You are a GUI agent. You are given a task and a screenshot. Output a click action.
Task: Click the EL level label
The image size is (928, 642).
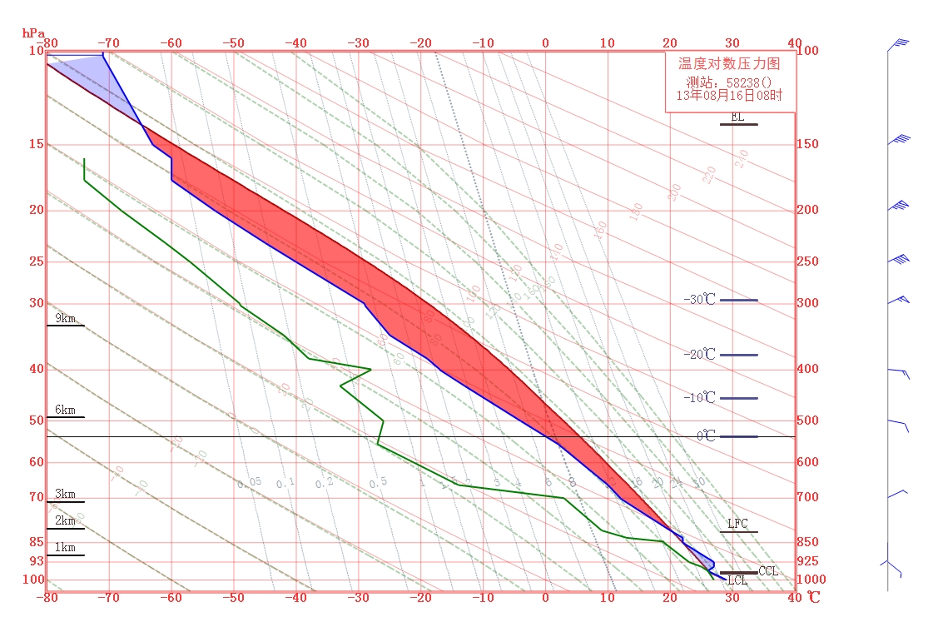(x=737, y=117)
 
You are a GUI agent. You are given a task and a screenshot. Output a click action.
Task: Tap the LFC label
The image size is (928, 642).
(x=737, y=524)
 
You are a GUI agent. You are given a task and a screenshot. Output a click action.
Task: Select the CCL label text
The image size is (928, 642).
(x=768, y=571)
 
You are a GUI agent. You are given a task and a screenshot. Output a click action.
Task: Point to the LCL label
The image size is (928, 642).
(x=737, y=581)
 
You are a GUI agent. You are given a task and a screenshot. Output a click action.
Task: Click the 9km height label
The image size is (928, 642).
(x=65, y=318)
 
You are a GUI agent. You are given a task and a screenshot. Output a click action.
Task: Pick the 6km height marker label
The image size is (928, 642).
(x=65, y=411)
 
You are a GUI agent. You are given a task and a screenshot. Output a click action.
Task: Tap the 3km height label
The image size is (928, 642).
(x=65, y=495)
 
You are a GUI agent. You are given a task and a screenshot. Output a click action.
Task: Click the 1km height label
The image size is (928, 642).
(x=65, y=548)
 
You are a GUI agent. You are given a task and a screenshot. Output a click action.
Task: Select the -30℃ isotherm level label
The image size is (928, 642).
(x=699, y=300)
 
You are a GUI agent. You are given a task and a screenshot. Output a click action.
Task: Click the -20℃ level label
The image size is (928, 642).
(x=699, y=355)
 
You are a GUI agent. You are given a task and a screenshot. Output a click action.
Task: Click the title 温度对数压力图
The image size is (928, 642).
(x=729, y=63)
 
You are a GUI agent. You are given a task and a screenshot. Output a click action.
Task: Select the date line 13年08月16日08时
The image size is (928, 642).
(x=729, y=96)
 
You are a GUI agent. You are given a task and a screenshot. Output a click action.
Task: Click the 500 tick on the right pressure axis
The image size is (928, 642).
(x=807, y=421)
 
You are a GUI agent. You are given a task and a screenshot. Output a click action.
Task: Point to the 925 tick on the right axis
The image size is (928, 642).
(x=807, y=562)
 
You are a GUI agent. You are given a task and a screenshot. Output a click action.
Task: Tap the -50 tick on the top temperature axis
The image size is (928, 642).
(x=234, y=43)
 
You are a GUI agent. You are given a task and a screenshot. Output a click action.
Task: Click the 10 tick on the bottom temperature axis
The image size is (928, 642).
(x=608, y=598)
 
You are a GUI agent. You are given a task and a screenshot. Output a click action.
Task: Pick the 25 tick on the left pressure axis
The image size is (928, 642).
(x=36, y=261)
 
